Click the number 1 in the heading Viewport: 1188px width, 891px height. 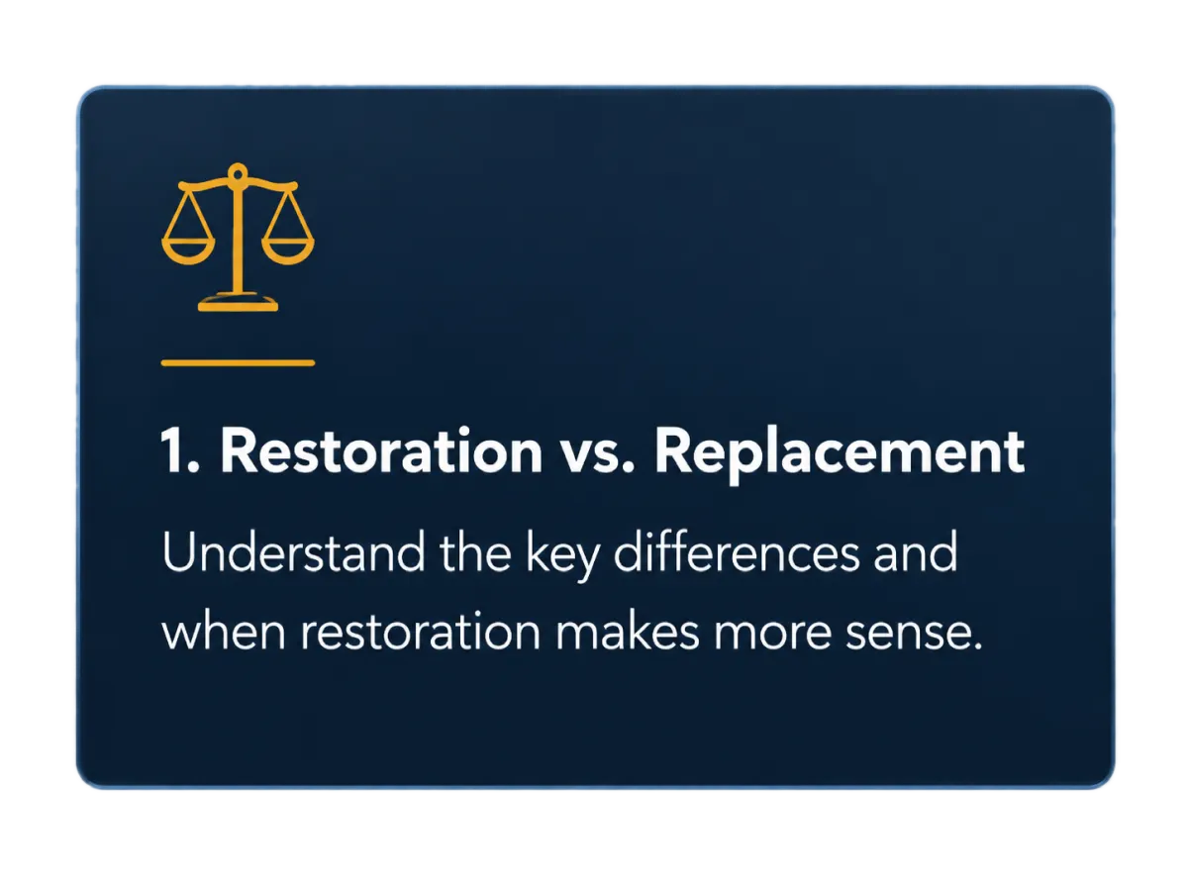click(x=174, y=450)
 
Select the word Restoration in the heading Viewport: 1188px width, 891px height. click(x=381, y=450)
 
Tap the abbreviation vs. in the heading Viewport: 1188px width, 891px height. click(x=598, y=457)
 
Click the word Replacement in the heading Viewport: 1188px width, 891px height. click(x=840, y=453)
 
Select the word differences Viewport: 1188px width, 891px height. click(x=737, y=551)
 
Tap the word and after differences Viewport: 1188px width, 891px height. click(x=916, y=551)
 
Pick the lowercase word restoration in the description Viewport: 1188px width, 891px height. click(x=421, y=631)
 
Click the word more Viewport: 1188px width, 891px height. click(x=772, y=634)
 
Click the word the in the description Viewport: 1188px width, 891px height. click(x=475, y=551)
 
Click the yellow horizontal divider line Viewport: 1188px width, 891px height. click(x=239, y=363)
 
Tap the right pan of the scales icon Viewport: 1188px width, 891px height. click(x=288, y=252)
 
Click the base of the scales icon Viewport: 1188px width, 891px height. click(x=239, y=302)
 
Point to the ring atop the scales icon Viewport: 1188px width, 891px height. click(x=238, y=173)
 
